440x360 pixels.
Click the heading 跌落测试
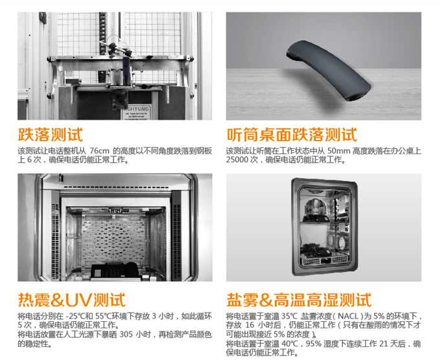[x=50, y=135]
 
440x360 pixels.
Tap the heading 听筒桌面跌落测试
[x=292, y=135]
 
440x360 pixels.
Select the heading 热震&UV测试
[x=72, y=300]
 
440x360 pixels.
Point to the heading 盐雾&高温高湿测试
[x=299, y=300]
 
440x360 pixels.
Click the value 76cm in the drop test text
[x=100, y=151]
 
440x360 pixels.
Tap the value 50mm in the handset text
[x=338, y=151]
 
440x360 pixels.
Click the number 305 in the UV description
[x=126, y=335]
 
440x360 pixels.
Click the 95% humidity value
[x=313, y=344]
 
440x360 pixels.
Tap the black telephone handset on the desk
[x=329, y=71]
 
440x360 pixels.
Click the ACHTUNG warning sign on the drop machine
[x=137, y=112]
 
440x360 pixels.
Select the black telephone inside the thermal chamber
[x=115, y=271]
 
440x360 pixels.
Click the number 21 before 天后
[x=384, y=344]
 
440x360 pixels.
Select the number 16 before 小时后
[x=250, y=325]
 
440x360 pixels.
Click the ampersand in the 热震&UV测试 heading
[x=58, y=300]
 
